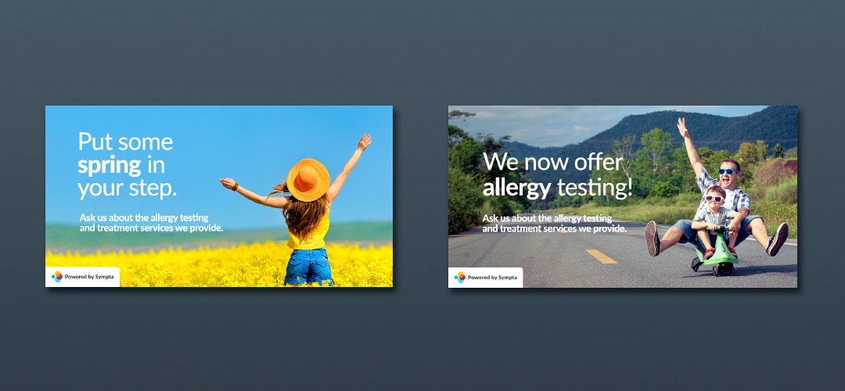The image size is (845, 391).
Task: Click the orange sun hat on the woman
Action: click(x=307, y=180)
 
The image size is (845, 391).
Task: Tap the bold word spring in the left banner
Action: click(x=110, y=165)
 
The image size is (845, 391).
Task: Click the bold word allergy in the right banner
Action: click(x=517, y=188)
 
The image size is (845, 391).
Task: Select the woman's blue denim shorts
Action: click(x=308, y=267)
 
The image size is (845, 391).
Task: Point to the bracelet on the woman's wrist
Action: click(x=235, y=186)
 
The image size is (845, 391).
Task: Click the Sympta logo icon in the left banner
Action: click(x=56, y=276)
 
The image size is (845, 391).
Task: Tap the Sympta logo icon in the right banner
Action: click(x=460, y=277)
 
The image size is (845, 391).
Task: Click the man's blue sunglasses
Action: click(x=728, y=172)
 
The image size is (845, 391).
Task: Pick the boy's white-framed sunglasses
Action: click(x=715, y=199)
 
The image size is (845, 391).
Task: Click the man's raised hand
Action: click(x=683, y=127)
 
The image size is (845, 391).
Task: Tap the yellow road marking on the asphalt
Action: click(x=602, y=256)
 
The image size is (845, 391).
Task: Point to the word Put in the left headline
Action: click(x=96, y=142)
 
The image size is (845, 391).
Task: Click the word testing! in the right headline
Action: click(x=595, y=188)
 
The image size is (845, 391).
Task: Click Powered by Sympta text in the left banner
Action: click(x=89, y=277)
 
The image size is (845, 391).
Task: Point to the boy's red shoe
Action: click(x=709, y=253)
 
